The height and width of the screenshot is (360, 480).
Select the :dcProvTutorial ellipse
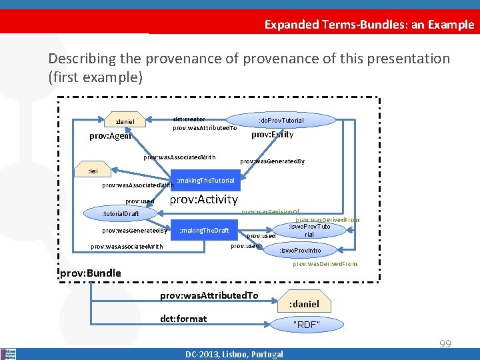pos(281,120)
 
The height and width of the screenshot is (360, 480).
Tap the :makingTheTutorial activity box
pos(205,181)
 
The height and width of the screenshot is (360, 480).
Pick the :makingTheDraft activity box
pos(204,231)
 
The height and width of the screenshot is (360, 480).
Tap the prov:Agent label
pos(110,136)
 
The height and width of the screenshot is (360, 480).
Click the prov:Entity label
pos(272,135)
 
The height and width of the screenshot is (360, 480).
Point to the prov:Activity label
pos(203,199)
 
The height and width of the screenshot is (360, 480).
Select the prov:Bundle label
pos(91,273)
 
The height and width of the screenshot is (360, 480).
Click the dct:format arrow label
pos(183,319)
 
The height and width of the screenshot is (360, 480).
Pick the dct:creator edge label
pos(189,119)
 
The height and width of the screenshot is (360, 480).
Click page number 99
pos(445,344)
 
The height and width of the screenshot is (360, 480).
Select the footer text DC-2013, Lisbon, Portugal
pos(234,354)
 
